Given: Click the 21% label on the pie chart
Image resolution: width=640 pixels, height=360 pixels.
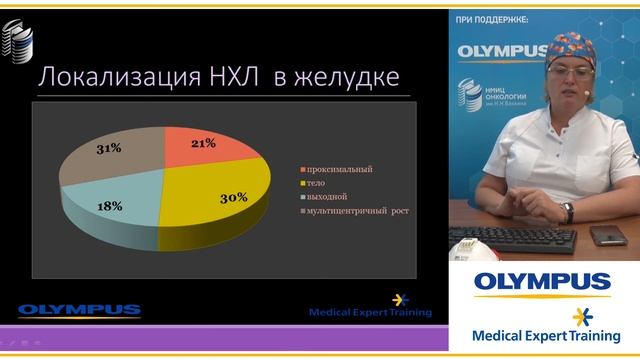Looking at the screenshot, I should click(203, 144).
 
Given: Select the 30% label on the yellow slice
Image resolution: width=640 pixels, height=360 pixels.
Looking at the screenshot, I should click(233, 198).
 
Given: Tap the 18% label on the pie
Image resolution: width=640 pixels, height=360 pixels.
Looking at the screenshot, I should click(111, 206).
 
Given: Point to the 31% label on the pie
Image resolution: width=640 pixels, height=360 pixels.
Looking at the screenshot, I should click(109, 148).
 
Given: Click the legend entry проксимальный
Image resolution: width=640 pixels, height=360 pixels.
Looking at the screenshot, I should click(341, 169).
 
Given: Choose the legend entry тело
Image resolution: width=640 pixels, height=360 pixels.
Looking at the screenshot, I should click(317, 183).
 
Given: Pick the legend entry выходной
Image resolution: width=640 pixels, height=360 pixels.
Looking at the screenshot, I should click(330, 197).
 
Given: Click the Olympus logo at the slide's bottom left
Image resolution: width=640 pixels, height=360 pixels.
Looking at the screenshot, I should click(79, 310).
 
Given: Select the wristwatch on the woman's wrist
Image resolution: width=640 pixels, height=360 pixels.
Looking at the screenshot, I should click(567, 212).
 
